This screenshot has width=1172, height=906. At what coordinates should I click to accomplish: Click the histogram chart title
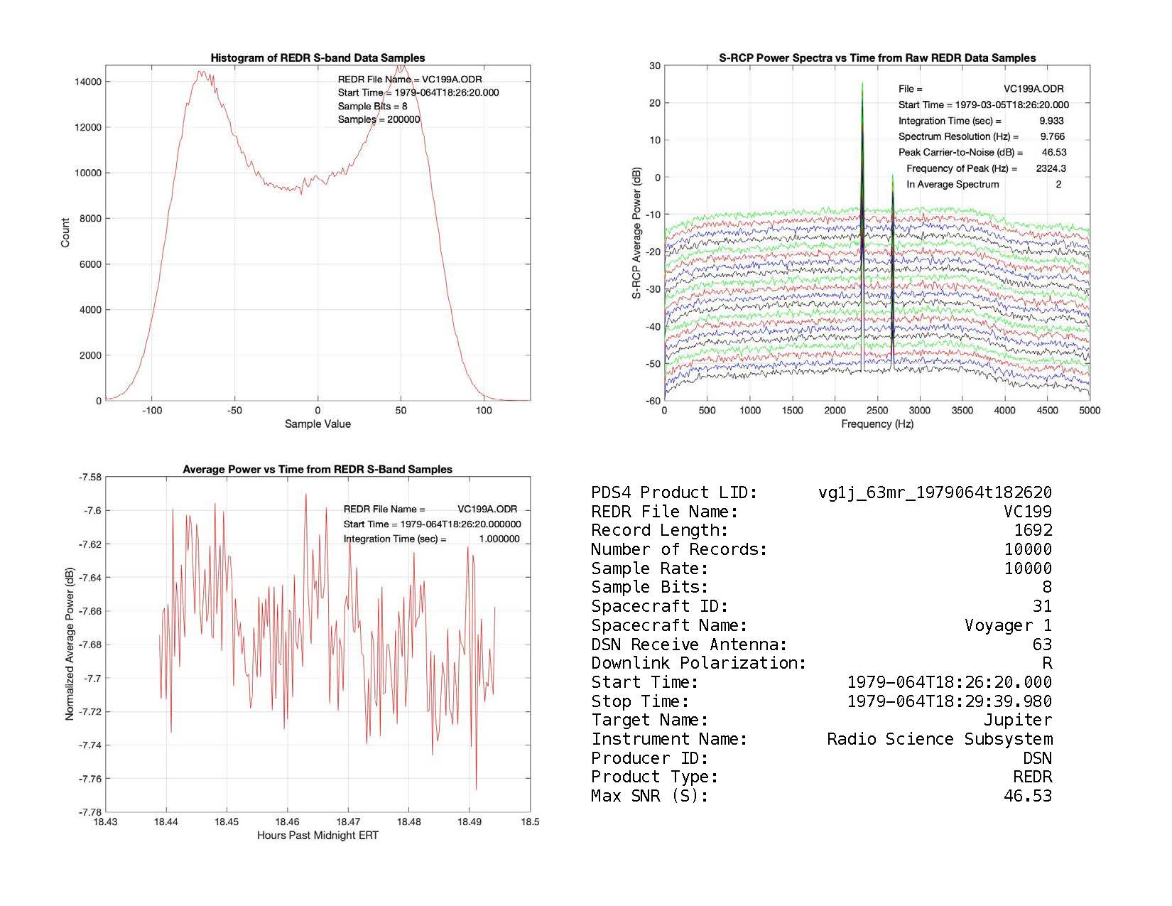(318, 58)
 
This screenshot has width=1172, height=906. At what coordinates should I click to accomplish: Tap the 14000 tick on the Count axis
(88, 82)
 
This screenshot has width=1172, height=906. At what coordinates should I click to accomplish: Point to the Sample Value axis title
(318, 424)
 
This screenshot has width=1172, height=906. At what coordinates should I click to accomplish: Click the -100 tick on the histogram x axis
(151, 410)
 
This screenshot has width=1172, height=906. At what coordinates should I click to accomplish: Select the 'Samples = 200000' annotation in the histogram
(379, 119)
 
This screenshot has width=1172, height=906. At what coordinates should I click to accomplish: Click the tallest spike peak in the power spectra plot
(862, 84)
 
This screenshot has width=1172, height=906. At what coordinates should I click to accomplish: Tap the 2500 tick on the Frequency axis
(877, 410)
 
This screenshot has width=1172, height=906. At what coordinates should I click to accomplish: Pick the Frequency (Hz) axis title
(877, 424)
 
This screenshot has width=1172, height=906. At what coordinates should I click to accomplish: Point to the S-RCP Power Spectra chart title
(877, 58)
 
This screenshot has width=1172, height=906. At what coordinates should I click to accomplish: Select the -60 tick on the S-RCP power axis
(653, 401)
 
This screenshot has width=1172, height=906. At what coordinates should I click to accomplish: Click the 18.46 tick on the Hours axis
(287, 821)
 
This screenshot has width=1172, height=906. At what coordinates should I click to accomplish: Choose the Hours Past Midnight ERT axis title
(318, 836)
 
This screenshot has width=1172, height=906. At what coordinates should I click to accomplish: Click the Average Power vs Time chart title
(318, 470)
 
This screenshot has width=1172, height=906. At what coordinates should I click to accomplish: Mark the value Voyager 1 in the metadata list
(1008, 625)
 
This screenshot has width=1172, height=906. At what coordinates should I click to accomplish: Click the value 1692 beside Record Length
(1033, 530)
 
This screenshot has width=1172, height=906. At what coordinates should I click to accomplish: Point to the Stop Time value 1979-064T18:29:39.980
(949, 701)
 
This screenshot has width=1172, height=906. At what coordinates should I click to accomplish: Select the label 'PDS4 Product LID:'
(674, 492)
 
